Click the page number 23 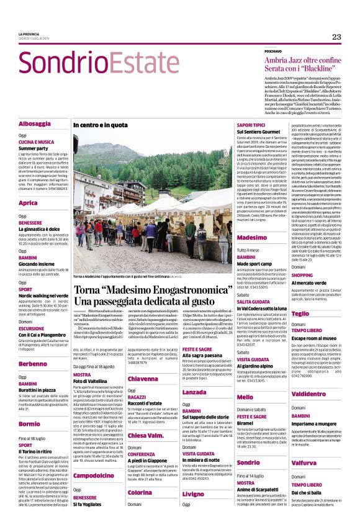(336, 37)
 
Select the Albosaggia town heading (34, 124)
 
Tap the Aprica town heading (29, 203)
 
